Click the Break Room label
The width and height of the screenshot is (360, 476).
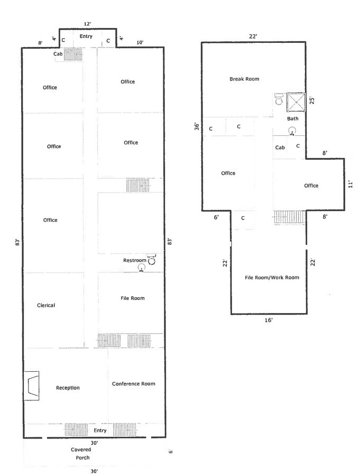click(x=244, y=79)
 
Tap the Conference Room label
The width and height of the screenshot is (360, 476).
click(x=134, y=384)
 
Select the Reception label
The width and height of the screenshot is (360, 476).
click(x=68, y=388)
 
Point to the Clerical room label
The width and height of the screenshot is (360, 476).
click(x=46, y=305)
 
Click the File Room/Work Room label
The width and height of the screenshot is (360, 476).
click(x=272, y=278)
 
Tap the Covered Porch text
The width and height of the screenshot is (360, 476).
click(x=81, y=454)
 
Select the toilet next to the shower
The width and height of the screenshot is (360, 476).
click(x=279, y=99)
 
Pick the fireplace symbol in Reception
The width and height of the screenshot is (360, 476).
click(x=32, y=386)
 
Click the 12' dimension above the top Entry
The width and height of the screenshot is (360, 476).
click(x=87, y=24)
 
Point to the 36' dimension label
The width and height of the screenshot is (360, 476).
click(x=197, y=126)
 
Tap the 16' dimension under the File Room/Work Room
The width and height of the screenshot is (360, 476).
click(x=269, y=320)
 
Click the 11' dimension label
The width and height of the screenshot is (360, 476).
click(x=350, y=184)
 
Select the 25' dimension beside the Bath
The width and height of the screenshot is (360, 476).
click(x=312, y=100)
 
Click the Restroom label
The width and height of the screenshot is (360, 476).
click(x=134, y=260)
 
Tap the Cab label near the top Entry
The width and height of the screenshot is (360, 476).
click(x=58, y=54)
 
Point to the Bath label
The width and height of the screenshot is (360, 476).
click(x=293, y=118)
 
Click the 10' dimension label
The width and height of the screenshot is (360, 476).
click(x=140, y=42)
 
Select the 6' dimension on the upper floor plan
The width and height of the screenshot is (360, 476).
click(x=216, y=217)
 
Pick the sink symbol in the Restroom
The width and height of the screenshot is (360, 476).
click(x=142, y=268)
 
